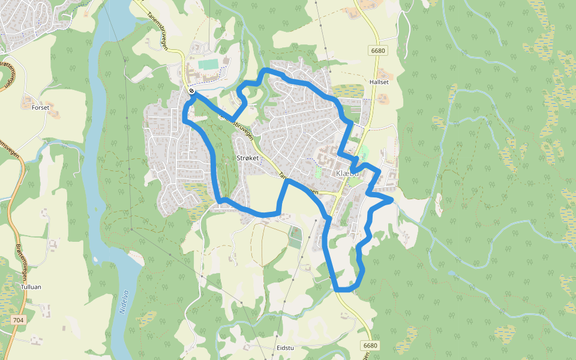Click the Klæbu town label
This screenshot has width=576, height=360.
(x=347, y=173)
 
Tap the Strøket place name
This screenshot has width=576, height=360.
(x=247, y=158)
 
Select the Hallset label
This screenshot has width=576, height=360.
(x=380, y=82)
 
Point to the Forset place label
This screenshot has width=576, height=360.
(x=40, y=107)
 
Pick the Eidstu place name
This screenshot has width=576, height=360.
(x=285, y=348)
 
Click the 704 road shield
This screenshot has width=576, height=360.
(x=18, y=320)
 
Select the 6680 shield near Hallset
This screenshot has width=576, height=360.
(x=378, y=51)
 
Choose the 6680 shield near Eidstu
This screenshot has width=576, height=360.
(x=371, y=346)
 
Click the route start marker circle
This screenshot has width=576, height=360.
(x=191, y=91)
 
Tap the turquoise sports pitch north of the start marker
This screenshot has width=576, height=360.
(x=208, y=64)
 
